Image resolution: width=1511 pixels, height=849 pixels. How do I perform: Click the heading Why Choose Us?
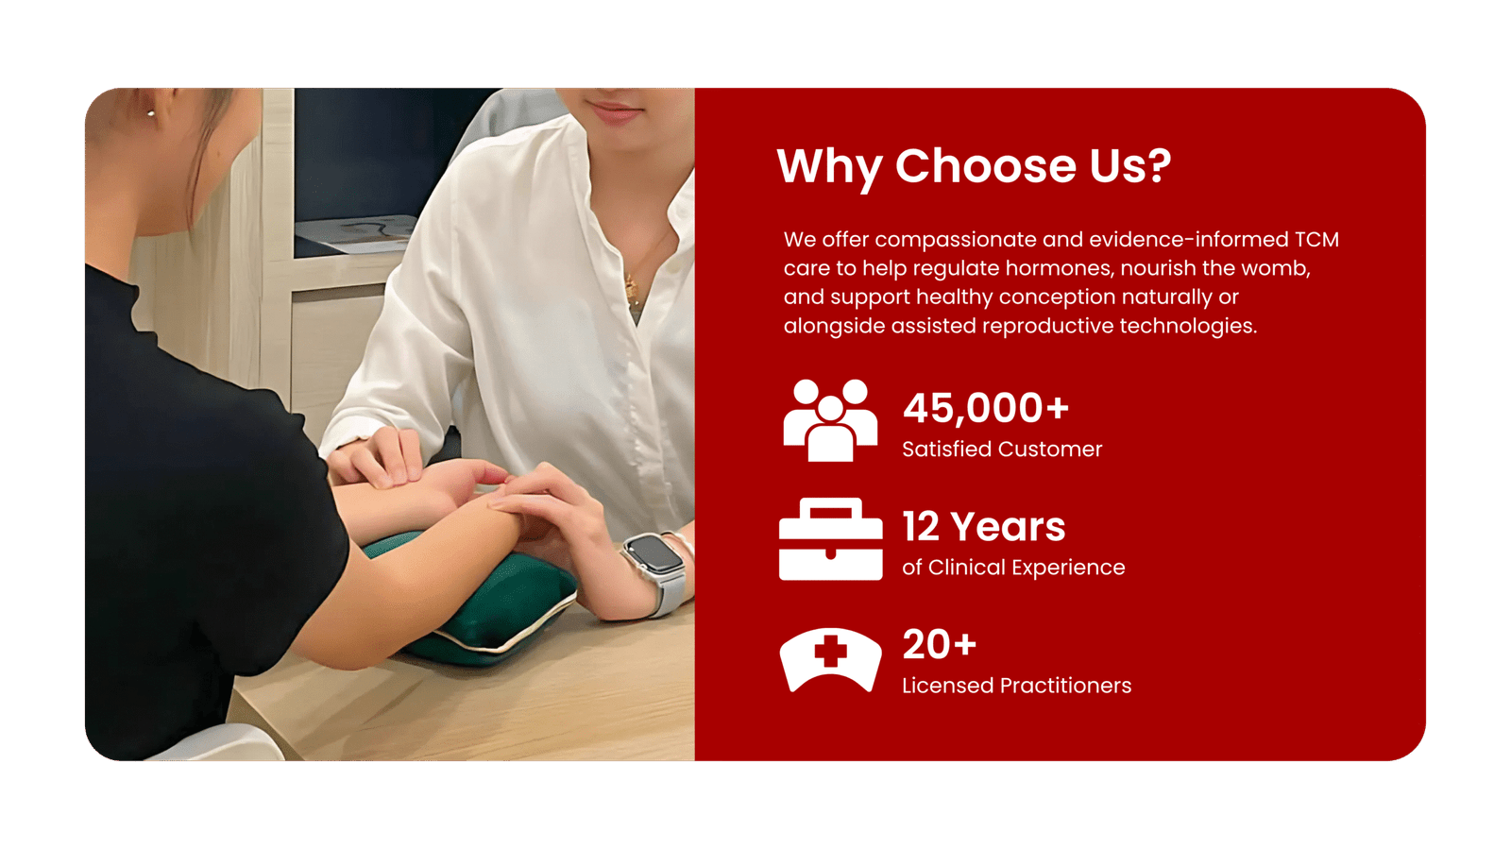974,166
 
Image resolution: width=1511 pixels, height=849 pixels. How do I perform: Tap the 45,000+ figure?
986,409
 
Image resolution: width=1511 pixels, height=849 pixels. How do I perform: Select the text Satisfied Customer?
1002,450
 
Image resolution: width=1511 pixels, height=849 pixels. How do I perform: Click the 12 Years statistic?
984,527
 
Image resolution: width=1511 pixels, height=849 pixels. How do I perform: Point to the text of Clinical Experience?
1013,568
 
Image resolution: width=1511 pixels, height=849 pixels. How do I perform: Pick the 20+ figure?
939,645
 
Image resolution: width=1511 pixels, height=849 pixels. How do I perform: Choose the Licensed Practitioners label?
1016,686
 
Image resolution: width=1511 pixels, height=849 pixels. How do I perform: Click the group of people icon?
830,421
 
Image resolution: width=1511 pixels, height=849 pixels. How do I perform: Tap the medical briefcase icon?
830,539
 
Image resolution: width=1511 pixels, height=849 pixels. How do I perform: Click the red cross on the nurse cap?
830,651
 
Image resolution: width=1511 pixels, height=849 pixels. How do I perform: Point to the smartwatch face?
653,555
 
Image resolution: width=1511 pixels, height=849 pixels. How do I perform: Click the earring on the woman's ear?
151,113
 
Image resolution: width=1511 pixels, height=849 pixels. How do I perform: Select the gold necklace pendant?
632,289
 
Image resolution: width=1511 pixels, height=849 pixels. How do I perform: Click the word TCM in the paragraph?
1316,239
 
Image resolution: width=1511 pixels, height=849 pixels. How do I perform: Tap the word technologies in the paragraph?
1188,327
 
